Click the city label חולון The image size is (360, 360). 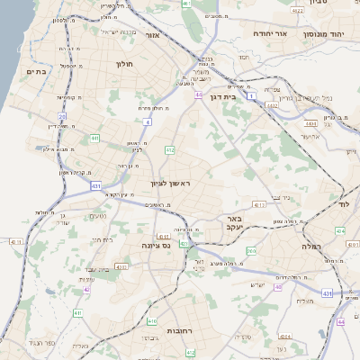(124, 64)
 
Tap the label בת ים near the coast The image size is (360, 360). (36, 72)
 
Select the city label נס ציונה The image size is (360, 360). (156, 245)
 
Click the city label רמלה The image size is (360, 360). (311, 245)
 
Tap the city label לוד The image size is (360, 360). (343, 205)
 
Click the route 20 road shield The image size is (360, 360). (62, 116)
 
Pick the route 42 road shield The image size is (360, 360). (86, 290)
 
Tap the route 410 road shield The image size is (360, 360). (152, 320)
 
